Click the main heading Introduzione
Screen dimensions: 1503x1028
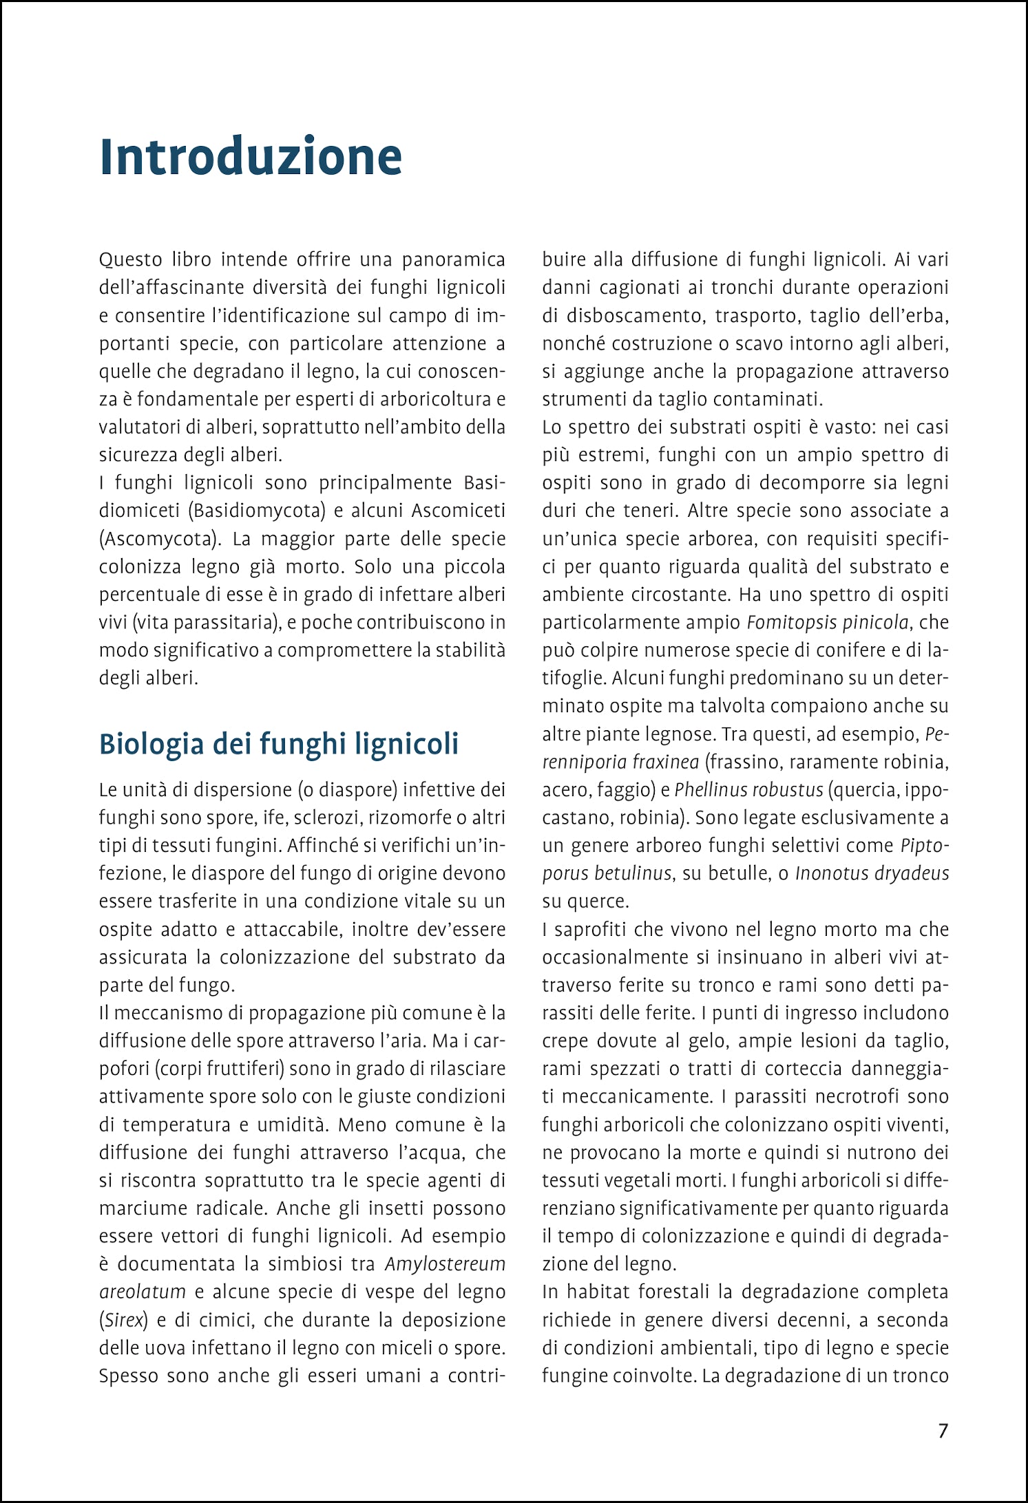(251, 157)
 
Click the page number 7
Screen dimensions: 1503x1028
(943, 1431)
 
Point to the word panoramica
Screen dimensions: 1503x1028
(454, 260)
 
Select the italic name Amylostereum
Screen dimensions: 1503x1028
(445, 1264)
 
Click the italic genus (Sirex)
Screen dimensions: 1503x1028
(124, 1320)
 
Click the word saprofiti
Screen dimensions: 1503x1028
(591, 930)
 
